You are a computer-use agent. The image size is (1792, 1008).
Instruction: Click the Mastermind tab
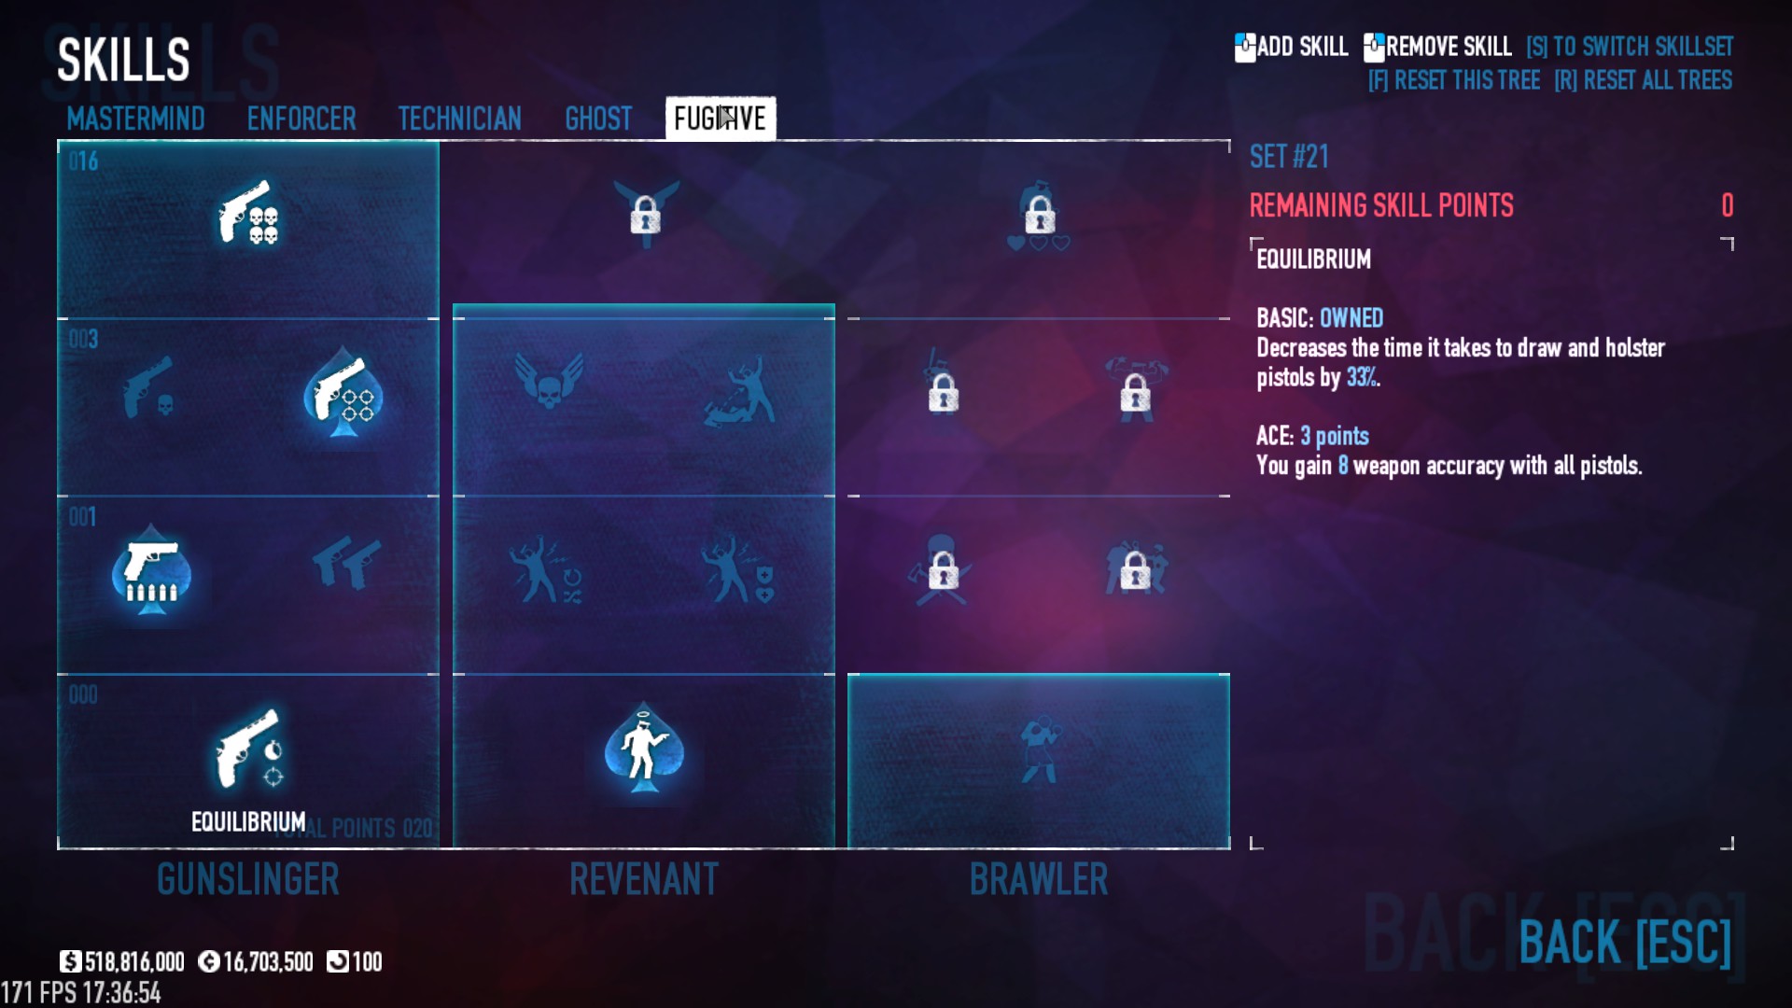pos(135,119)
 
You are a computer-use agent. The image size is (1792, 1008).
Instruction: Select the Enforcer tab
pos(301,119)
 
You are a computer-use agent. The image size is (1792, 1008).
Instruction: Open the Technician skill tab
pos(459,119)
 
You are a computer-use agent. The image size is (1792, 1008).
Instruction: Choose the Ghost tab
pos(598,119)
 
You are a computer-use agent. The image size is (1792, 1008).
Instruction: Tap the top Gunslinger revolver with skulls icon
pos(248,214)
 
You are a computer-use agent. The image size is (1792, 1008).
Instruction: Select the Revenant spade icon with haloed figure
pos(643,749)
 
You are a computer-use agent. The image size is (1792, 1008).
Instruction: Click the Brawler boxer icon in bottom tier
pos(1039,749)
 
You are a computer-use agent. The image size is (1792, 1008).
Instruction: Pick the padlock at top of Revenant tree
pos(645,214)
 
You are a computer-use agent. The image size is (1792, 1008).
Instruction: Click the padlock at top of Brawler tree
pos(1039,214)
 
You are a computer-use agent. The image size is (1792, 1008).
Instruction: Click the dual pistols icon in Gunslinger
pos(346,563)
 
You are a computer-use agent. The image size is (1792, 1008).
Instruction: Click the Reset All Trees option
pos(1643,80)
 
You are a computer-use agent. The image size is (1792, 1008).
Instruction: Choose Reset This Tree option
pos(1453,80)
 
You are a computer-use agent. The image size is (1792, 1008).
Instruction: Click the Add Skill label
pos(1301,47)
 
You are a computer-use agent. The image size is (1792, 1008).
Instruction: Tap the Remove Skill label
pos(1448,47)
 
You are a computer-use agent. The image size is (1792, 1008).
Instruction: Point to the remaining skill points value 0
pos(1727,205)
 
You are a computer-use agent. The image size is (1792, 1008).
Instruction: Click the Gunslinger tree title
pos(248,879)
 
